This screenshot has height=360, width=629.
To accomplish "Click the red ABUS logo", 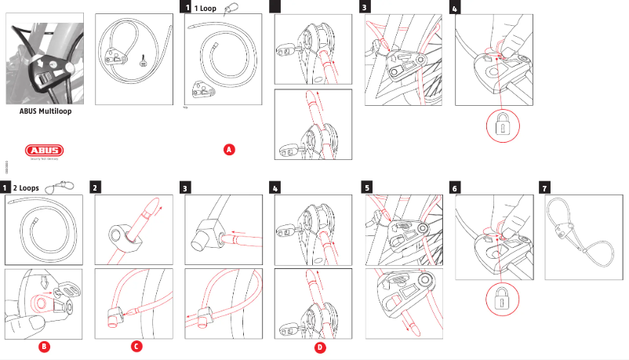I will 45,151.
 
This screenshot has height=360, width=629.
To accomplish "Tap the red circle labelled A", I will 229,148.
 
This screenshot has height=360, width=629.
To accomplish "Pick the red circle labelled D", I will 319,345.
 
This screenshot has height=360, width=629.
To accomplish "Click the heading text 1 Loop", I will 205,8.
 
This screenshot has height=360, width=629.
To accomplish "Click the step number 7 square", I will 547,188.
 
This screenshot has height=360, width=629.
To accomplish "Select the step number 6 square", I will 456,188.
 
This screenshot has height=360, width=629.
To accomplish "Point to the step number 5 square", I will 366,188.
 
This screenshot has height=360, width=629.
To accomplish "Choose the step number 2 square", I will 95,188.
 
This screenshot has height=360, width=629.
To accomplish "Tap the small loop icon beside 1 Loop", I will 231,9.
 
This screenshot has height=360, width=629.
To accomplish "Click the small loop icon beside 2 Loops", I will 54,187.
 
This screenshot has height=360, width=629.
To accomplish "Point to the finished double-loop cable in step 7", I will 583,227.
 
